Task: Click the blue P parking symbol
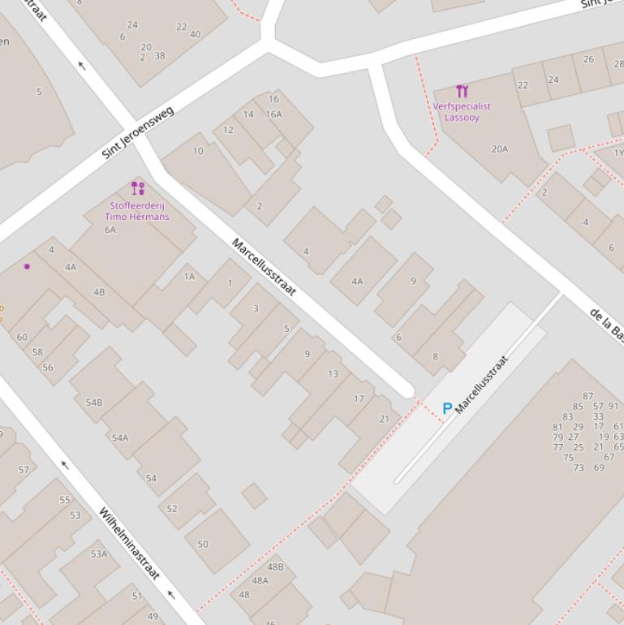click(446, 409)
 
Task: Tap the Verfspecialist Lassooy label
click(462, 111)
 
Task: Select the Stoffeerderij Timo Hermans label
click(137, 211)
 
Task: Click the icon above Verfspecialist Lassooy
click(462, 91)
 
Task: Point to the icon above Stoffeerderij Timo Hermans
click(138, 188)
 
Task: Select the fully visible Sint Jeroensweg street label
click(138, 133)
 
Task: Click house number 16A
click(273, 114)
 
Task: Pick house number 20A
click(500, 149)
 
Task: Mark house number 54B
click(94, 403)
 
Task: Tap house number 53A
click(99, 554)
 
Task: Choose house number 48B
click(275, 567)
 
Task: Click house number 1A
click(189, 277)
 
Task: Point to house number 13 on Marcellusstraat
click(333, 374)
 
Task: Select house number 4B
click(99, 292)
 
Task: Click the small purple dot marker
click(27, 266)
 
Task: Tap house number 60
click(22, 337)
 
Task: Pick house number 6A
click(110, 230)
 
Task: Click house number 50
click(202, 544)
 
